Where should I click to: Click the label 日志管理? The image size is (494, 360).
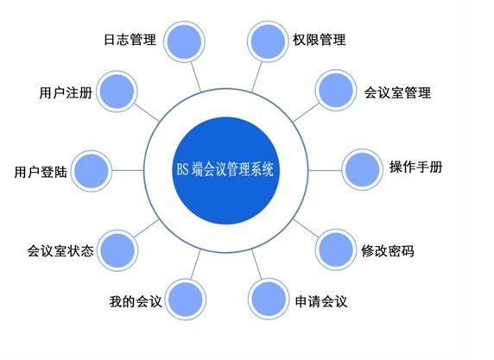pos(130,40)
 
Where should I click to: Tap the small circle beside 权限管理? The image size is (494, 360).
pos(268,41)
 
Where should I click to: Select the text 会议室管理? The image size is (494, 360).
pos(397,92)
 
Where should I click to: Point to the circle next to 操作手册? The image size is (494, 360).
pos(363,169)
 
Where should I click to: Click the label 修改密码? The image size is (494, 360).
pos(388,251)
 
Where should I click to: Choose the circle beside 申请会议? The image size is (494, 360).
pos(269,299)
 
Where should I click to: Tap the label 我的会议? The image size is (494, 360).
pos(136,301)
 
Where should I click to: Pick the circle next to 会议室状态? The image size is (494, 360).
pos(117,250)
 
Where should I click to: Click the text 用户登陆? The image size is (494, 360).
pos(41,172)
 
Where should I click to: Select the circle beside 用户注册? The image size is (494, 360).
pos(117,92)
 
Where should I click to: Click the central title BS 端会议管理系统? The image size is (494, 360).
pos(225,169)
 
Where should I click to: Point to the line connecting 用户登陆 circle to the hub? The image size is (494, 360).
pos(128,171)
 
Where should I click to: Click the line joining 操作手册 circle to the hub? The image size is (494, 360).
pos(325,170)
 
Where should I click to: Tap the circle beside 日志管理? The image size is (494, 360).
pos(184,42)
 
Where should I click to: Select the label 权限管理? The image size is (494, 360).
pos(319,40)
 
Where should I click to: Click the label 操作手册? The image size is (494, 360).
pos(416,167)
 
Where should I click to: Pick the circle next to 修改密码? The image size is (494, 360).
pos(336,249)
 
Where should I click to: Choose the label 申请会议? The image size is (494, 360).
pos(321,301)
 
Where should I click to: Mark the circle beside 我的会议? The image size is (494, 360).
pos(186,300)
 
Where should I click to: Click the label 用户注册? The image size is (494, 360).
pos(66,92)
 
